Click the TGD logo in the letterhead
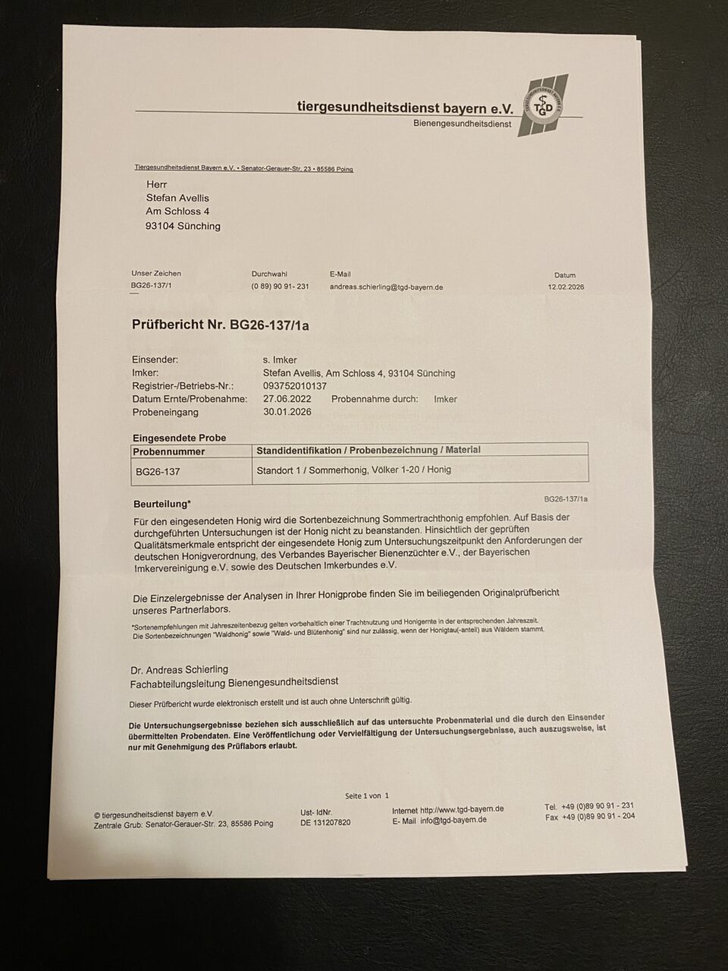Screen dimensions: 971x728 pyautogui.click(x=542, y=105)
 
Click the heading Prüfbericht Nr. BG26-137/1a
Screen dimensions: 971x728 pyautogui.click(x=221, y=325)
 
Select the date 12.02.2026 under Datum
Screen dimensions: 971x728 pyautogui.click(x=566, y=288)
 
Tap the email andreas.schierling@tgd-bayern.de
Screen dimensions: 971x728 pyautogui.click(x=386, y=288)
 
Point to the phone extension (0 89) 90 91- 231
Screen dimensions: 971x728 pyautogui.click(x=280, y=287)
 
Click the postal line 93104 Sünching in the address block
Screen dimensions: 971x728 pyautogui.click(x=183, y=226)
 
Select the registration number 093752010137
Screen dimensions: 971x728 pyautogui.click(x=295, y=386)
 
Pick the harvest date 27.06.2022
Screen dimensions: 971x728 pyautogui.click(x=287, y=399)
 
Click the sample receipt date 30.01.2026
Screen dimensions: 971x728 pyautogui.click(x=287, y=412)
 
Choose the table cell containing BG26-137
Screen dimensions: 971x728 pyautogui.click(x=158, y=471)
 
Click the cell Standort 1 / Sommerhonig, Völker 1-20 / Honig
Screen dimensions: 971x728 pyautogui.click(x=353, y=470)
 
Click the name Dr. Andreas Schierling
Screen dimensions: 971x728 pyautogui.click(x=180, y=670)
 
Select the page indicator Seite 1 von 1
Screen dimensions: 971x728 pyautogui.click(x=366, y=796)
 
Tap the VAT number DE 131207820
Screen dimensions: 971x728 pyautogui.click(x=325, y=822)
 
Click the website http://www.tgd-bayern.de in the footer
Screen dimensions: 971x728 pyautogui.click(x=462, y=809)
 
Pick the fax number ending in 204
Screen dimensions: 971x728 pyautogui.click(x=590, y=817)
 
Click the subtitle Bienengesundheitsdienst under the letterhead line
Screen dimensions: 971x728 pyautogui.click(x=462, y=124)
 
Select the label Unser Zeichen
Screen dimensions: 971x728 pyautogui.click(x=156, y=273)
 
